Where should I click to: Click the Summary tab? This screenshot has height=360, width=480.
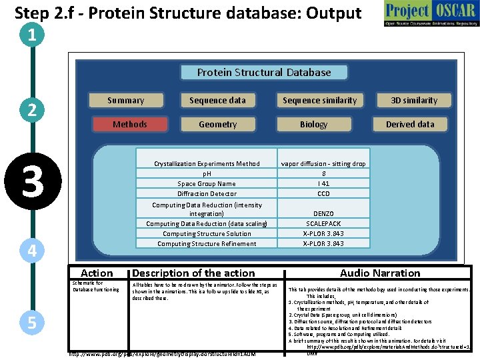[x=126, y=101]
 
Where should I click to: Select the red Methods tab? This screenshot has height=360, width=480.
[x=130, y=125]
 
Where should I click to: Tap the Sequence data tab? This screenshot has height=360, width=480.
[x=217, y=101]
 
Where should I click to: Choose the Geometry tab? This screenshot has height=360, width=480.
[x=217, y=125]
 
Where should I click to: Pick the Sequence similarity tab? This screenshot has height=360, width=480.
[x=319, y=101]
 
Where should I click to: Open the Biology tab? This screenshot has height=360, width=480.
[x=313, y=125]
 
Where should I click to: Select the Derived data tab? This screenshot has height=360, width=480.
[x=410, y=125]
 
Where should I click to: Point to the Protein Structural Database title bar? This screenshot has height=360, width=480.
[x=264, y=72]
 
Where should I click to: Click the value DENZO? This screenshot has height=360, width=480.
[x=323, y=214]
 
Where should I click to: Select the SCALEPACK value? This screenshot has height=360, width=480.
[x=323, y=224]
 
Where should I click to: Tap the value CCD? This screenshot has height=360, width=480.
[x=323, y=194]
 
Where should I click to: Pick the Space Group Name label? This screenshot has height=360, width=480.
[x=207, y=184]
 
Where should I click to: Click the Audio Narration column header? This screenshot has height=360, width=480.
[x=380, y=273]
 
